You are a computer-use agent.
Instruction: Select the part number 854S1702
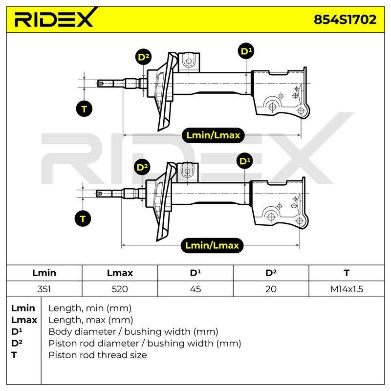[x=345, y=20]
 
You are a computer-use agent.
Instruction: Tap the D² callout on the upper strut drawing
[x=143, y=57]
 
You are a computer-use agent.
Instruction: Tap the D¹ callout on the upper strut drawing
[x=246, y=51]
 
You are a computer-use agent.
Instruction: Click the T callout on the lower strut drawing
[x=83, y=218]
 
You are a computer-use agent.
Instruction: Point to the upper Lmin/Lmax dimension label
[x=213, y=135]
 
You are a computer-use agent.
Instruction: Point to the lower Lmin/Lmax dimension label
[x=212, y=245]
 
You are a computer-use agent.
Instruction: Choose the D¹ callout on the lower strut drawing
[x=245, y=161]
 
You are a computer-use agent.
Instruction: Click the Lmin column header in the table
[x=44, y=273]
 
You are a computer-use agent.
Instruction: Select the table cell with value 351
[x=44, y=289]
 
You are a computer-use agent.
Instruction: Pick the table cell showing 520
[x=120, y=289]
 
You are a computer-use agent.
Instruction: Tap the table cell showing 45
[x=195, y=289]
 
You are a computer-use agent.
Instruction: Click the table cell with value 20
[x=271, y=289]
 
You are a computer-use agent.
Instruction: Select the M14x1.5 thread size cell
[x=347, y=289]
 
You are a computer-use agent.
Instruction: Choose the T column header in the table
[x=347, y=273]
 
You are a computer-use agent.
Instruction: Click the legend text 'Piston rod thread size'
[x=98, y=355]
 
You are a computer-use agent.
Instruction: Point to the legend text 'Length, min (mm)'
[x=90, y=308]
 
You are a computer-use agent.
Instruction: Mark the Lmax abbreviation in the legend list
[x=24, y=320]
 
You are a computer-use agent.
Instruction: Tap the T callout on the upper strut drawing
[x=84, y=109]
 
